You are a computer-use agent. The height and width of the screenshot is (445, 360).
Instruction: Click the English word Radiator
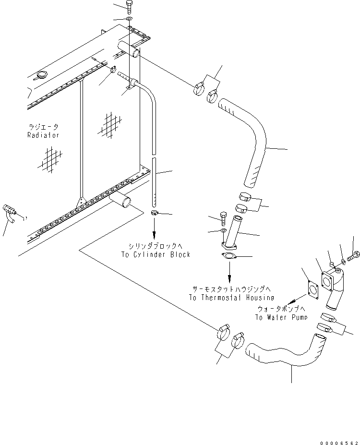[43, 135]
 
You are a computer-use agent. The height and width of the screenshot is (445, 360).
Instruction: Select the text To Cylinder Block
[155, 254]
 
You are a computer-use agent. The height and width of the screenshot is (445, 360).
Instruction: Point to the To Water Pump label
[280, 317]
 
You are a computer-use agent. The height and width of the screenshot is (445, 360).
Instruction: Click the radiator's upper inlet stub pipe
[129, 48]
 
